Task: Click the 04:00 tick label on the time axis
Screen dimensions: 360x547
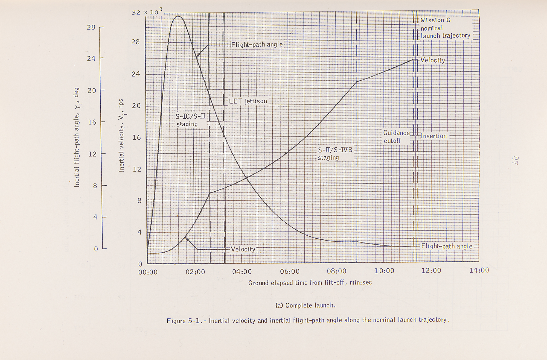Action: (242, 271)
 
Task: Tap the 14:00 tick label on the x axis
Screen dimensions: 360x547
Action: (479, 270)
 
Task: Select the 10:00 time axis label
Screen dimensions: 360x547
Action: (384, 271)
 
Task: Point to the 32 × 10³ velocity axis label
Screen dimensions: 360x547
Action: (147, 12)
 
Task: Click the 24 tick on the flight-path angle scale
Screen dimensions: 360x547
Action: (91, 58)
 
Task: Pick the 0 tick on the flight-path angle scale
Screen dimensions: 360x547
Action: (96, 249)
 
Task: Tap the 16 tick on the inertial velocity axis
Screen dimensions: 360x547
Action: (136, 137)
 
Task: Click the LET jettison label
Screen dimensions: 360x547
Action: (248, 101)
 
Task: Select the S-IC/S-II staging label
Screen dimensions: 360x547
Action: (190, 120)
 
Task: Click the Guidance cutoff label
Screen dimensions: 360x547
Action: (396, 137)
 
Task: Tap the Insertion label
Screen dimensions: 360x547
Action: (433, 136)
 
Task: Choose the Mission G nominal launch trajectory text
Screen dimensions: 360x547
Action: (445, 28)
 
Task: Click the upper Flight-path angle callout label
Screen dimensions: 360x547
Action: (257, 45)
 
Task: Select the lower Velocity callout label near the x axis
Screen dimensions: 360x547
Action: (243, 249)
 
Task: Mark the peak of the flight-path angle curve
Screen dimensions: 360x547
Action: (178, 16)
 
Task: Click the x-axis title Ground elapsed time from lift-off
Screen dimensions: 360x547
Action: (310, 283)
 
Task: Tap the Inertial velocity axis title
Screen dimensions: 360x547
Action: (121, 135)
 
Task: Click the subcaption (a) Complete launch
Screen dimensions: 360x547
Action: (305, 305)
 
